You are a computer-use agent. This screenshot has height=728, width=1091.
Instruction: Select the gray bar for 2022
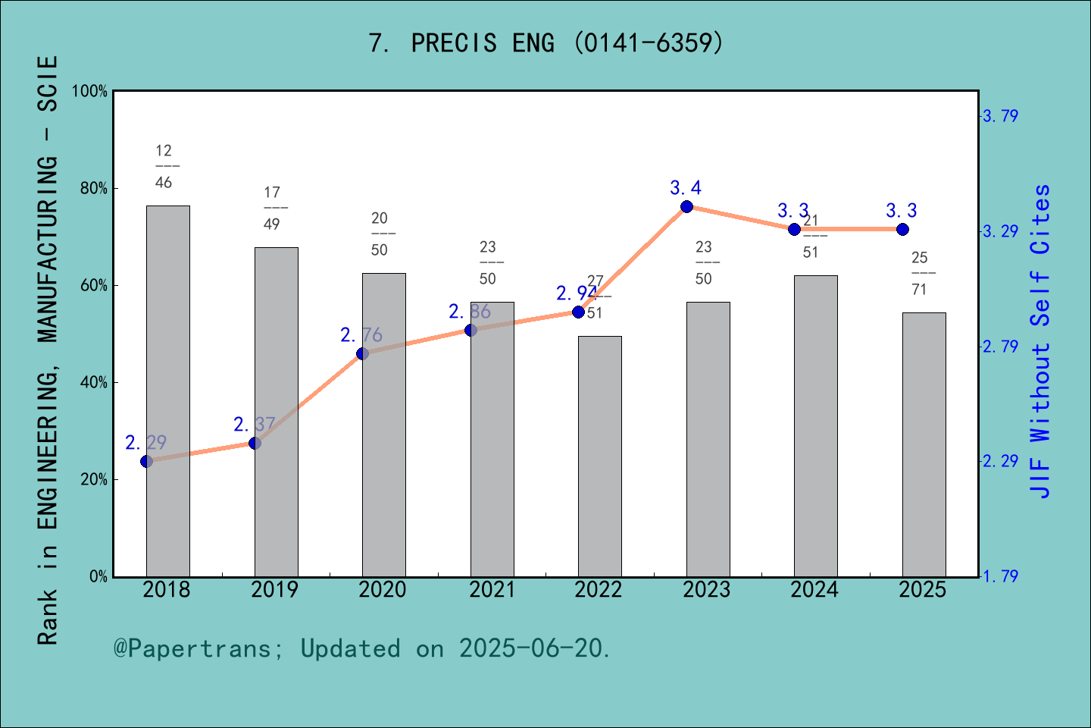599,456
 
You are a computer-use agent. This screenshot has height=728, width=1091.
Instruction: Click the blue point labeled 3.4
686,206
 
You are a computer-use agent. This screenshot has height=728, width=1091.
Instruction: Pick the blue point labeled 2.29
147,461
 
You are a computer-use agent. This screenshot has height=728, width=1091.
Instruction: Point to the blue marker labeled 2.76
362,353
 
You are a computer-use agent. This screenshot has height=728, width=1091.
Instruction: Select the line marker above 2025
902,229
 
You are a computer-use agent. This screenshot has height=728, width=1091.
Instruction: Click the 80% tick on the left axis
94,189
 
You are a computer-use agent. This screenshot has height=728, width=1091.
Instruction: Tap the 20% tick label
94,480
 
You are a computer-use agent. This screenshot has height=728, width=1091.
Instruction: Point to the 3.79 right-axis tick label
1000,116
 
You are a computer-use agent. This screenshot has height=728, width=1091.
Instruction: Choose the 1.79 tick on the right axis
1000,576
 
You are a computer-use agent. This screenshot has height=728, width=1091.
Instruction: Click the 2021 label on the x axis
492,590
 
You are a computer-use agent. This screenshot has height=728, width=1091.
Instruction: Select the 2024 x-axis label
814,590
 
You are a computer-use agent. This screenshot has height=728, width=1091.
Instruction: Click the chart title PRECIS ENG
545,43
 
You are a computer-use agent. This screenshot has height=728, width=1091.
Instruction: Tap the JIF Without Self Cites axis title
1041,341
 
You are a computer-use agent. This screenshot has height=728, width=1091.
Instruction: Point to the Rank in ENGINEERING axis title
48,349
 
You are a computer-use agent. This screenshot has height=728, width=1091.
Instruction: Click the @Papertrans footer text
361,648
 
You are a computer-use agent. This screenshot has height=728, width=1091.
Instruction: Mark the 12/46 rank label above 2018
164,167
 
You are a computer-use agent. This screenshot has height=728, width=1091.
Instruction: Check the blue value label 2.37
254,424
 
